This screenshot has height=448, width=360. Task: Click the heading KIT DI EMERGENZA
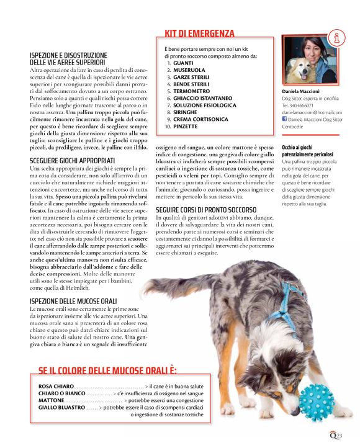pyautogui.click(x=199, y=34)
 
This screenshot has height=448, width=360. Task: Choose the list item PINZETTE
pyautogui.click(x=186, y=126)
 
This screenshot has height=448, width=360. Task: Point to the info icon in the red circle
pyautogui.click(x=338, y=38)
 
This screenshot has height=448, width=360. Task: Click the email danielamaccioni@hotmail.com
pyautogui.click(x=308, y=112)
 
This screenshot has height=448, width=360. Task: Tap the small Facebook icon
pyautogui.click(x=284, y=119)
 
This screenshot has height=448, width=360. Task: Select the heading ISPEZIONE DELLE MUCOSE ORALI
pyautogui.click(x=73, y=301)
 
